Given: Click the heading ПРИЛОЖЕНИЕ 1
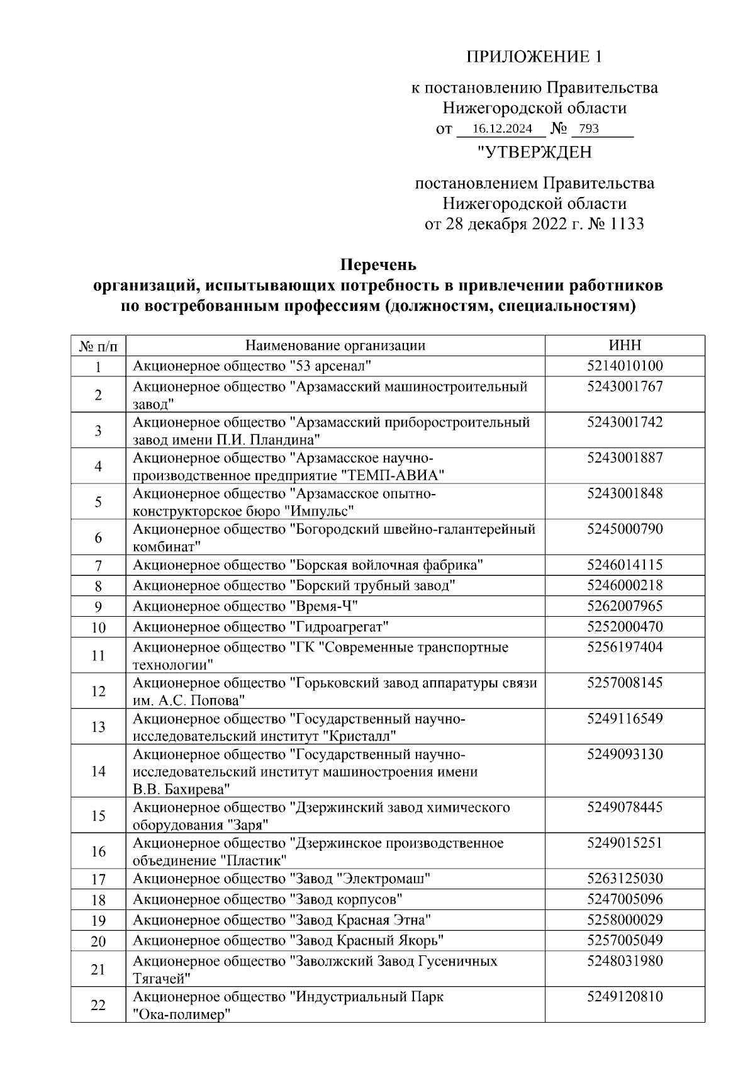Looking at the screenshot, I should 534,57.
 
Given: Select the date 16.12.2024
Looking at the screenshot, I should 501,129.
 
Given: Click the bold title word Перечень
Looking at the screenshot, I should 378,264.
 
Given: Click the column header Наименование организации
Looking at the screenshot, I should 335,346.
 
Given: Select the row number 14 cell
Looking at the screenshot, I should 98,772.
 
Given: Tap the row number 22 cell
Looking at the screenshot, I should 98,1005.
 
